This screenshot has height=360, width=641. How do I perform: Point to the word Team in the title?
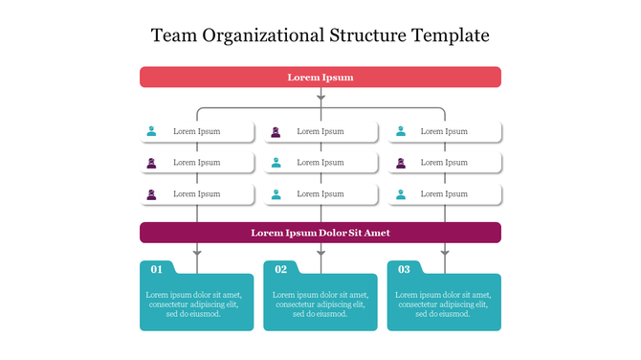[x=172, y=36]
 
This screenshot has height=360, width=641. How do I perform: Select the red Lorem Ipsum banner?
[x=320, y=78]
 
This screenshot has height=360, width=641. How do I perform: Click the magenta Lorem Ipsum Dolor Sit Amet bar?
[x=320, y=233]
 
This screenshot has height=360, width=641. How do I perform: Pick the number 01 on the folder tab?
[x=157, y=269]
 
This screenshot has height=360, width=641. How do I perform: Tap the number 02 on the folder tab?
[x=281, y=269]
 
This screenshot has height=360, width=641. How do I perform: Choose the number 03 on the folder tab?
[x=405, y=269]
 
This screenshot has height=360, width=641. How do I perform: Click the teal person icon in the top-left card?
[x=151, y=131]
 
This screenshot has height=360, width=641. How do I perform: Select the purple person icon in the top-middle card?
[x=276, y=131]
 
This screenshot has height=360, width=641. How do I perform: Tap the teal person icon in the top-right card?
[x=400, y=131]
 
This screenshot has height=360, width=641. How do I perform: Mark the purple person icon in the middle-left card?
[x=151, y=163]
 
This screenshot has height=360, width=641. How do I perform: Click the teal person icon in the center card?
[x=276, y=163]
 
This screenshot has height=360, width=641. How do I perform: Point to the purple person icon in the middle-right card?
[x=400, y=163]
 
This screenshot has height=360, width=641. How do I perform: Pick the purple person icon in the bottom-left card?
[x=151, y=194]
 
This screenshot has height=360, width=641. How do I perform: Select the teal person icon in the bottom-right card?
[x=400, y=194]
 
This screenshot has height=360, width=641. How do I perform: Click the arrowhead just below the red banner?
[x=320, y=96]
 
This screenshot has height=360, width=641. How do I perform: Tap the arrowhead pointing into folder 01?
[x=197, y=253]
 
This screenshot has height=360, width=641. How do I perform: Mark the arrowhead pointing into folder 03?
[x=445, y=253]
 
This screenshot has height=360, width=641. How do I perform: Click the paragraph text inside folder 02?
[x=320, y=304]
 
